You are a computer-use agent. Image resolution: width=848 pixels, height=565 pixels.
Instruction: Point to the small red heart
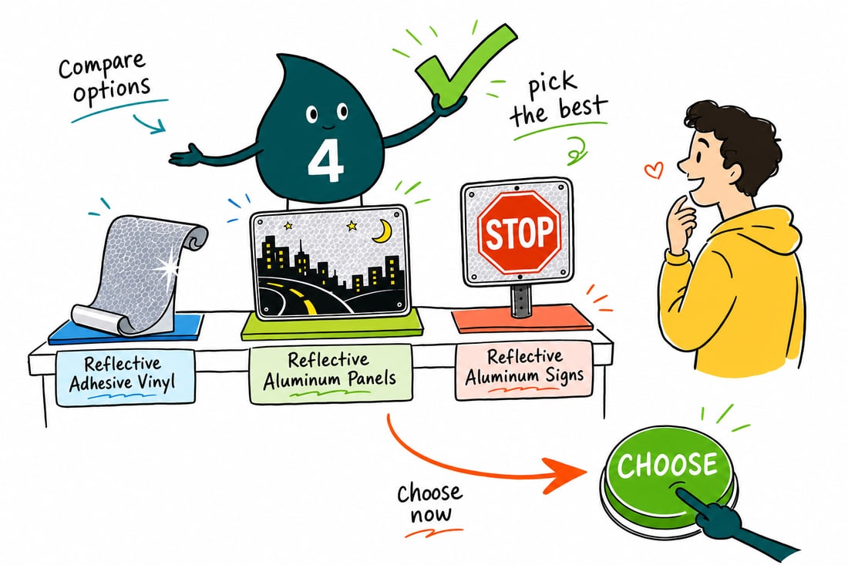pyautogui.click(x=654, y=170)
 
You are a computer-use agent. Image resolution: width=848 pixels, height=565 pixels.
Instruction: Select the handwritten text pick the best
pyautogui.click(x=557, y=103)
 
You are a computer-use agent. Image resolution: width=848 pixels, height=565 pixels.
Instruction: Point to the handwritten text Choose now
pyautogui.click(x=430, y=503)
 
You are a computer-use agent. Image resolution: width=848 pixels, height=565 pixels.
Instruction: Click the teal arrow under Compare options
pyautogui.click(x=150, y=124)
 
